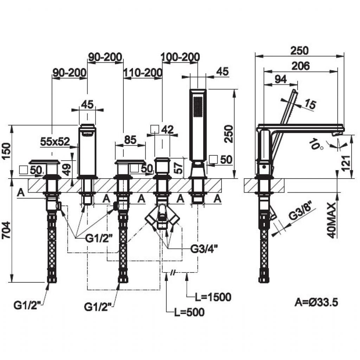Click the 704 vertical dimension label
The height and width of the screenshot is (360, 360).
6,230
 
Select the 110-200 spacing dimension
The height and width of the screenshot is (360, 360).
143,73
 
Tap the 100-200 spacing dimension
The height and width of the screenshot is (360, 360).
180,57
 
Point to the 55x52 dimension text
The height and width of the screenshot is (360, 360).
55,142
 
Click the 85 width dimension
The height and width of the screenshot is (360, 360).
130,140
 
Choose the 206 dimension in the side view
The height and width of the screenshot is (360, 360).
301,66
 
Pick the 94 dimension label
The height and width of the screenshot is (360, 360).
281,79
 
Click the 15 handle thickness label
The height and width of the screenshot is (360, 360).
310,104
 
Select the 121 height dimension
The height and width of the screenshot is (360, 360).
346,163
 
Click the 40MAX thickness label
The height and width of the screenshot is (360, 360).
332,220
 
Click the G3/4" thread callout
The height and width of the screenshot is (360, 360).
204,249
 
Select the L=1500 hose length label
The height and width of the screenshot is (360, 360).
213,297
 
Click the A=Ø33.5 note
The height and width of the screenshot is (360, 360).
316,302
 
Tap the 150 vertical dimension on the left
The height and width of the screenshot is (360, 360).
6,151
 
